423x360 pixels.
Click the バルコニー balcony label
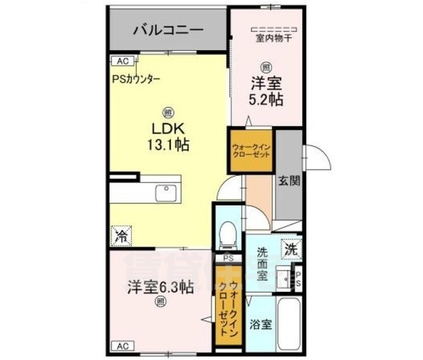(x=168, y=31)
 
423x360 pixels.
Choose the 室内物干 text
(x=266, y=38)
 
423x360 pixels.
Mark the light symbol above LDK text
(x=169, y=110)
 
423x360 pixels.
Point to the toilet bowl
(x=226, y=232)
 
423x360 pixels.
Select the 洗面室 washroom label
(x=262, y=263)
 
